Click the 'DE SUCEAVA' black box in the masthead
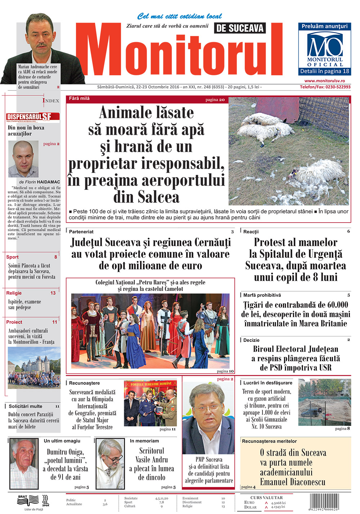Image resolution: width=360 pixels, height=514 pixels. pos(240,28)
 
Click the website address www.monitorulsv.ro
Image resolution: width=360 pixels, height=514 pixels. pos(324,81)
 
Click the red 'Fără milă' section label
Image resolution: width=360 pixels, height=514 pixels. pos(79,98)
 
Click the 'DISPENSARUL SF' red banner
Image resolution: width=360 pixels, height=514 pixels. pos(33,117)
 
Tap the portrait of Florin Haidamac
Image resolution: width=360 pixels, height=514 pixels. pos(23,159)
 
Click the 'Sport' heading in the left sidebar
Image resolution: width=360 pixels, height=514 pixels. pos(12,257)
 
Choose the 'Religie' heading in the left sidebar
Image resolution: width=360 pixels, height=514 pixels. pos(14,293)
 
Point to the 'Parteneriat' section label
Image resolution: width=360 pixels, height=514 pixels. pos(81,232)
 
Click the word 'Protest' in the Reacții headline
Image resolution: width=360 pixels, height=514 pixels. pos(274,242)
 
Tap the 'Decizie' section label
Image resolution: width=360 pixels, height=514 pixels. pos(251,340)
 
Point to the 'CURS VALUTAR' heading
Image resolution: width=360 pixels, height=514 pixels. pos(266,497)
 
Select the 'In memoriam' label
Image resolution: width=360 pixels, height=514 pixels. pos(144,441)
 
